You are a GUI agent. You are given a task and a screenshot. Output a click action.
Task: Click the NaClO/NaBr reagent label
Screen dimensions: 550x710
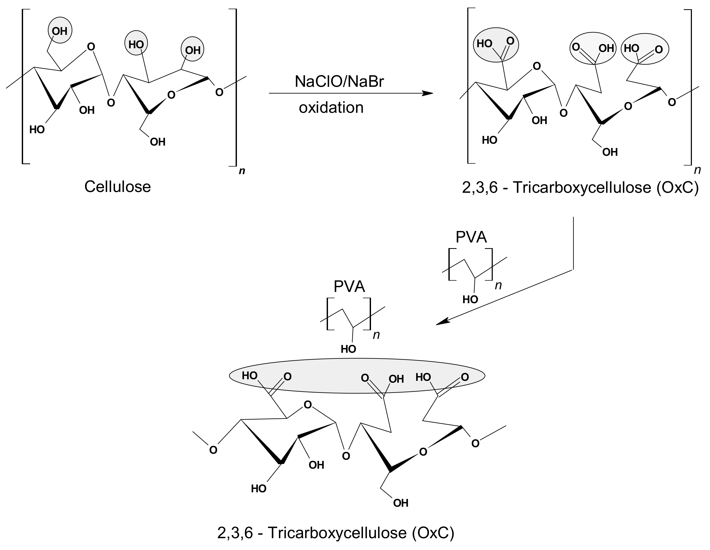339,82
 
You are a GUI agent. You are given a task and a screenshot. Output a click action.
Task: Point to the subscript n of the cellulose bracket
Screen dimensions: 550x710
242,171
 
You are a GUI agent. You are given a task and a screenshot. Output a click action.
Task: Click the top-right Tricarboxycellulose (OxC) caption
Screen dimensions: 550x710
580,188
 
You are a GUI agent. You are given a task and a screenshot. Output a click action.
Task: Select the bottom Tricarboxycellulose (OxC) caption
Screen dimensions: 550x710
336,533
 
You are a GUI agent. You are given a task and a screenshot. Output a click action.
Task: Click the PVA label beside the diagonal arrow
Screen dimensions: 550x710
471,237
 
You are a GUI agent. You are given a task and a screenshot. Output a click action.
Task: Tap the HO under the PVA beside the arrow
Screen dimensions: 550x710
470,299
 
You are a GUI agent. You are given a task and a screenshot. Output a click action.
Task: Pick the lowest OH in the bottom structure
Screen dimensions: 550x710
400,503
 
